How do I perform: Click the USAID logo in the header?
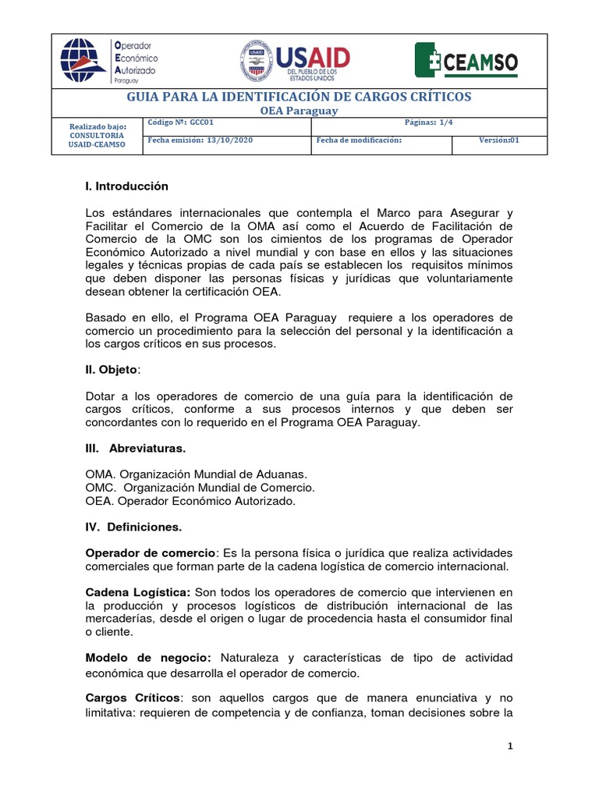295,62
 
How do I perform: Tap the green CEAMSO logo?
466,62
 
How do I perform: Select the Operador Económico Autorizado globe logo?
108,60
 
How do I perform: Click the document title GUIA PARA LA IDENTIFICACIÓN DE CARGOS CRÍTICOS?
299,97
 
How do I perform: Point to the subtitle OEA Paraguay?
299,111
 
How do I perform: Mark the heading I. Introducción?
127,186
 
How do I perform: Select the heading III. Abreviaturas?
135,449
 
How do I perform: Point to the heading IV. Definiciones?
133,527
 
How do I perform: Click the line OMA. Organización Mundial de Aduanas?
197,474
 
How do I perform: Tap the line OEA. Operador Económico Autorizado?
191,501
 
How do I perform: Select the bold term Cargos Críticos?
133,697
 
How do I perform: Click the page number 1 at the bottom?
509,746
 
